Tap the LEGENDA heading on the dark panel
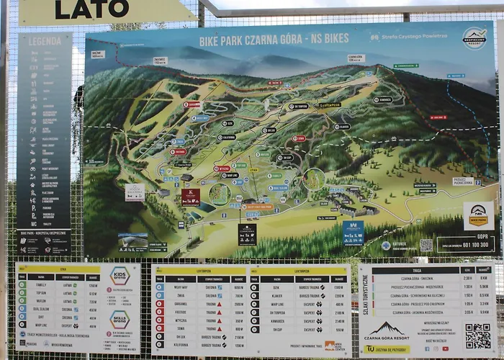click(44, 42)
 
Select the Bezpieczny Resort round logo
click(474, 37)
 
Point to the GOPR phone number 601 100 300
click(472, 245)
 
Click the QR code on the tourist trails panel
click(477, 335)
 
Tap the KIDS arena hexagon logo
click(120, 275)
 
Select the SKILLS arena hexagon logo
click(120, 320)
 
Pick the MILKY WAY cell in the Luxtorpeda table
click(181, 287)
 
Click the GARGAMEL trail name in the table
click(181, 303)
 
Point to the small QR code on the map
click(426, 245)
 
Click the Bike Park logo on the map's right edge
click(478, 214)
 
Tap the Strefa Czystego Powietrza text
click(421, 35)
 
